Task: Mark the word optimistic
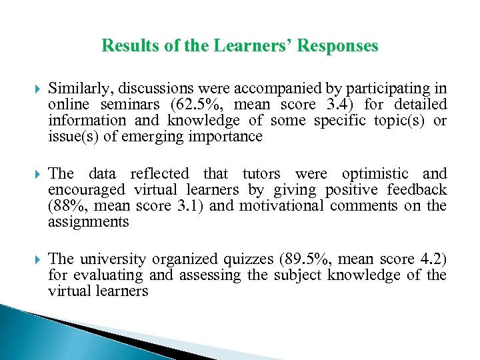click(379, 174)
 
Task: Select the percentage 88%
click(65, 206)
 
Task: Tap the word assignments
click(88, 222)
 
